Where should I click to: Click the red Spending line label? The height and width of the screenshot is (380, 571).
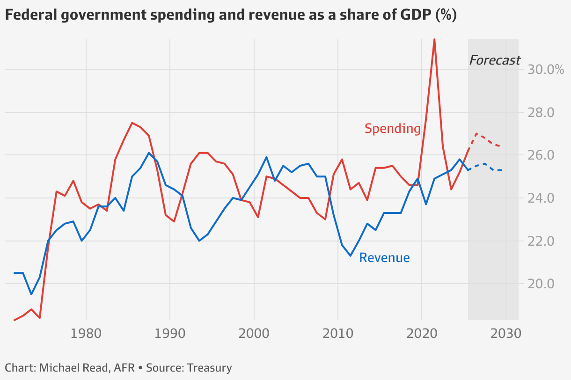coord(392,129)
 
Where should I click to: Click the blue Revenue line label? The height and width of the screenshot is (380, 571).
coord(384,257)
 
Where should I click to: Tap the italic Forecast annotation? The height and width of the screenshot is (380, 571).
coord(494,60)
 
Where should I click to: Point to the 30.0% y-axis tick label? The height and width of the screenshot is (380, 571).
coord(546,70)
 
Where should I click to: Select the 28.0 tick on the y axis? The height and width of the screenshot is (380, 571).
coord(541,113)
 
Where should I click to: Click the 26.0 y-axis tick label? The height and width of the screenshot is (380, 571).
coord(541,155)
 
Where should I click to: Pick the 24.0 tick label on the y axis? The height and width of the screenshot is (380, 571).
coord(541,198)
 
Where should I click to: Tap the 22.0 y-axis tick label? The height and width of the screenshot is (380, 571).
coord(541,241)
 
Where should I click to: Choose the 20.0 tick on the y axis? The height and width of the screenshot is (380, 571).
coord(541,284)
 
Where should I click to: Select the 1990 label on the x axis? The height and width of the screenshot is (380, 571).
coord(170,335)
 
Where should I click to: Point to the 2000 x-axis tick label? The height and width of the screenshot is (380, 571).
coord(254,335)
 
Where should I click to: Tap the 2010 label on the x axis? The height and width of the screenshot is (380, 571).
coord(338,335)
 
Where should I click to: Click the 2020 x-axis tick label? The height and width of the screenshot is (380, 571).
coord(422,335)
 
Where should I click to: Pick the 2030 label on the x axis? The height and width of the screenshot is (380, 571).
coord(505,335)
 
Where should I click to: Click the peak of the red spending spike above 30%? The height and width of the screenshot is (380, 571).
coord(434,39)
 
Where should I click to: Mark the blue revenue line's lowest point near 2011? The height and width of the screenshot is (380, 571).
coord(350,256)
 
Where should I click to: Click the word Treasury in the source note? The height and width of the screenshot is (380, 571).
coord(209,368)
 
